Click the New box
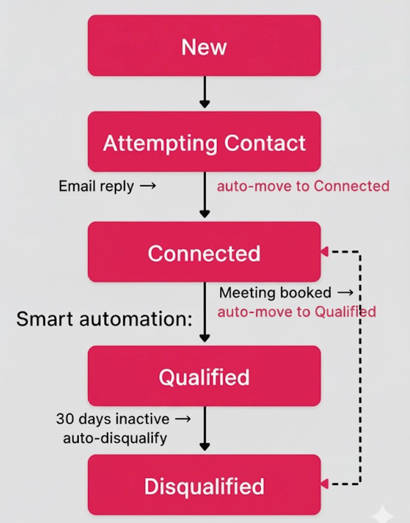pos(204,46)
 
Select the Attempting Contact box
pos(204,142)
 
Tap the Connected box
pos(204,253)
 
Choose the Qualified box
pos(204,377)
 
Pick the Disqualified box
pos(204,486)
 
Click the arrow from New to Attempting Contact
pos(205,92)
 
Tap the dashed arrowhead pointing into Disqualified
pos(324,483)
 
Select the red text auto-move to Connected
pos(303,186)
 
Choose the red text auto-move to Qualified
pos(296,312)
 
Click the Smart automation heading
pos(104,319)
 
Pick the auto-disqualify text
pos(115,438)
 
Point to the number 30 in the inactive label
pos(64,419)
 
